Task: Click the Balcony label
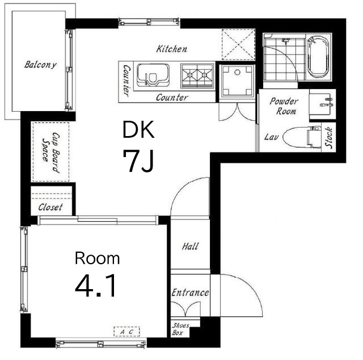pos(40,65)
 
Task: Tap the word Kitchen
pos(171,49)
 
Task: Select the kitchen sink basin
pos(153,75)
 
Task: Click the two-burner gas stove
pos(197,75)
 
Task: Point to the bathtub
pos(318,57)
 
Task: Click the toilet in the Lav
pos(302,137)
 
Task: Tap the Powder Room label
pos(284,106)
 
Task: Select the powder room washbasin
pos(322,104)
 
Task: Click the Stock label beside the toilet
pos(329,137)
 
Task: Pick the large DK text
pos(138,130)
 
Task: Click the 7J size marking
pos(138,160)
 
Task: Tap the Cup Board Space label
pos(51,152)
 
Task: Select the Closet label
pos(50,207)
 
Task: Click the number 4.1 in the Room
pos(95,285)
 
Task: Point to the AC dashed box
pos(126,332)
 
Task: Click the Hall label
pos(190,246)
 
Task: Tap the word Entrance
pos(191,293)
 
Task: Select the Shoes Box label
pos(180,329)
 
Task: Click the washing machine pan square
pos(237,81)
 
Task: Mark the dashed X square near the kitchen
pos(238,44)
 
